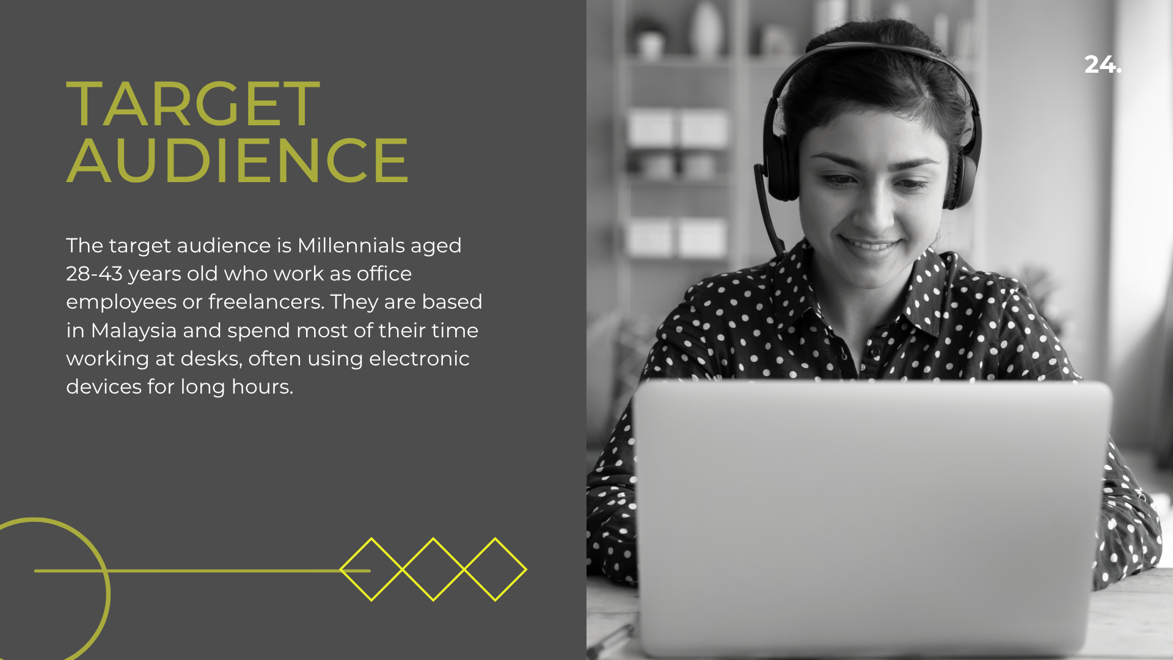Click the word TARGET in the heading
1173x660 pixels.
(x=193, y=105)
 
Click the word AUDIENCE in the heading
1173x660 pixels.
(x=237, y=160)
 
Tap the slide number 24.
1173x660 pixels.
(x=1103, y=64)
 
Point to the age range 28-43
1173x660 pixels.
(x=94, y=274)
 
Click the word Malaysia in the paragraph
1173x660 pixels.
(x=134, y=331)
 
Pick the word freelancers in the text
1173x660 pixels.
(x=266, y=302)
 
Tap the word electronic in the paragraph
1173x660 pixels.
(x=419, y=358)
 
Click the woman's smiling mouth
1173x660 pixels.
(x=870, y=244)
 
